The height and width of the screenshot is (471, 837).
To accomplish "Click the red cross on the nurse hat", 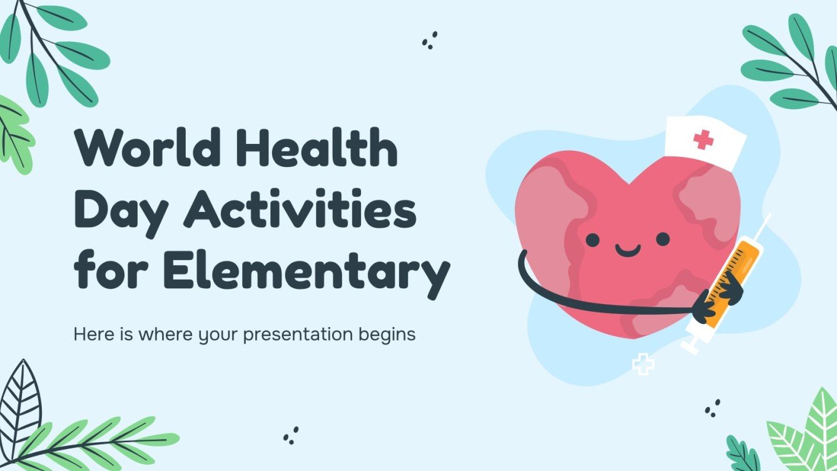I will click(704, 139).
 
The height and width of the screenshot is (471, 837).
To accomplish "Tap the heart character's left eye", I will click(592, 239).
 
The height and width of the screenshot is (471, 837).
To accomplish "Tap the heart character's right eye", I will click(662, 238).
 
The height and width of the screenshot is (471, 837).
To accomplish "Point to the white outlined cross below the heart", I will click(642, 364).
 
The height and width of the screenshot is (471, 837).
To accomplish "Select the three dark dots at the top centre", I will click(429, 41).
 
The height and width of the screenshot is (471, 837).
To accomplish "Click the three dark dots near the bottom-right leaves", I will click(712, 408).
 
